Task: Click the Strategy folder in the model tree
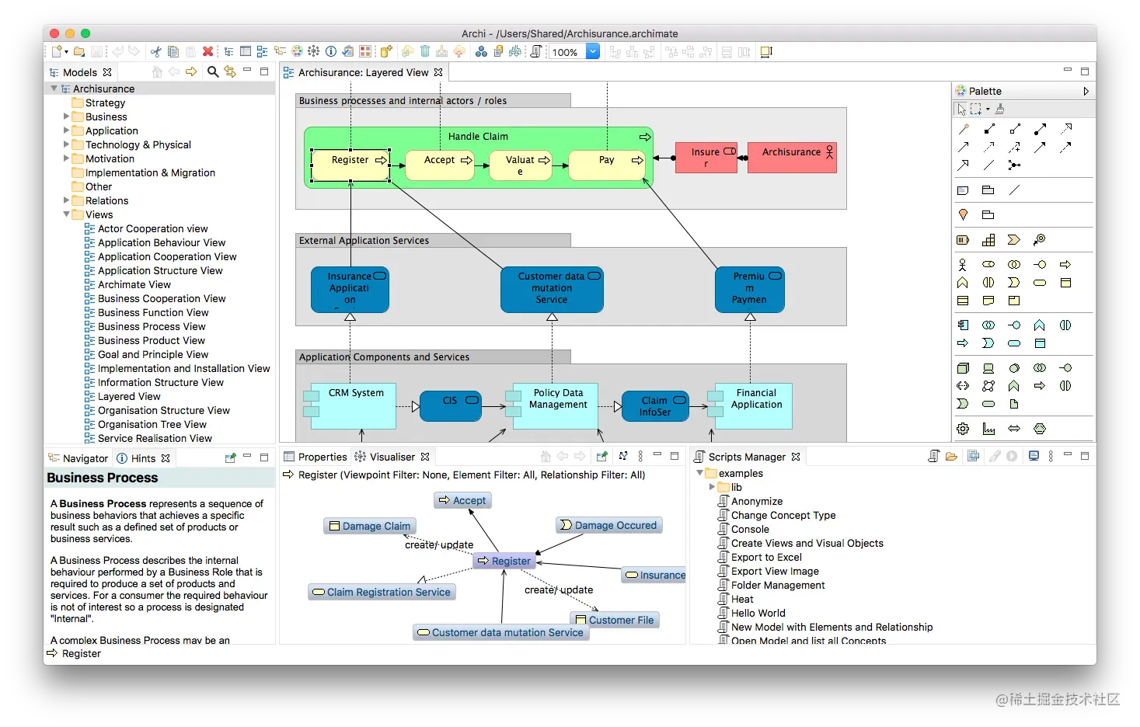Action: tap(105, 103)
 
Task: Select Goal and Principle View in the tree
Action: tap(153, 354)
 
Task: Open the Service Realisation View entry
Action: tap(155, 438)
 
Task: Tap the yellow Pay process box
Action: tap(606, 165)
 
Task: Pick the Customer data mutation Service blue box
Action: tap(552, 289)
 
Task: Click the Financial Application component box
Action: tap(756, 405)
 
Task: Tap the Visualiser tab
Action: tap(392, 457)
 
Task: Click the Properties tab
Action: tap(322, 457)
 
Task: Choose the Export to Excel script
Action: tap(766, 557)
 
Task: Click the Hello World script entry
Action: tap(758, 613)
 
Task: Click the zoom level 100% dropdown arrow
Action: tap(593, 52)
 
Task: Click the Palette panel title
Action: tap(985, 91)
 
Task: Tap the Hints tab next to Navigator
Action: tap(143, 458)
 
